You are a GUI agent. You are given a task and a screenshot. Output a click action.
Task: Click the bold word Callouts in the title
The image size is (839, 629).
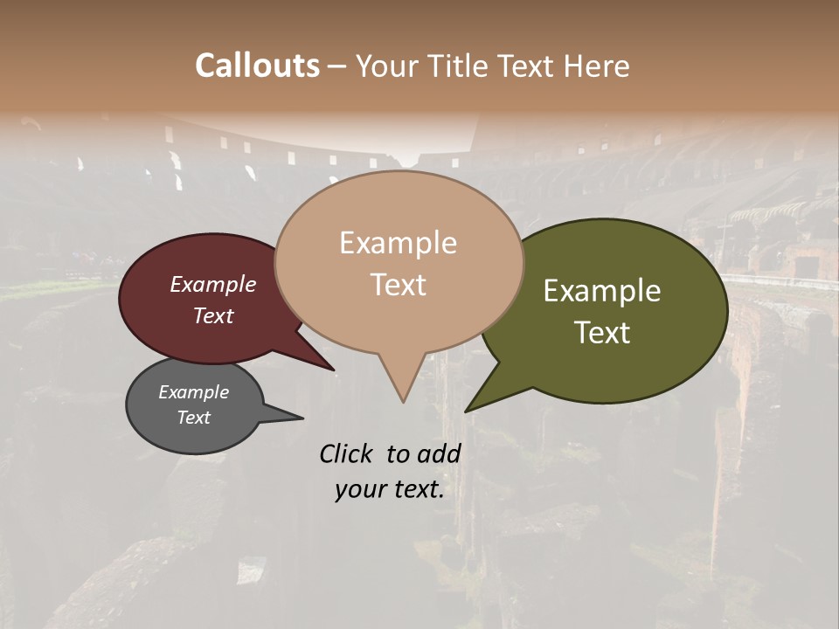point(257,66)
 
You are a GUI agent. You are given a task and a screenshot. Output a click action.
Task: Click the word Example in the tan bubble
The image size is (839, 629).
point(398,243)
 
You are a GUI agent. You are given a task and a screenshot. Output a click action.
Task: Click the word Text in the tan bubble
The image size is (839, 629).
point(398,285)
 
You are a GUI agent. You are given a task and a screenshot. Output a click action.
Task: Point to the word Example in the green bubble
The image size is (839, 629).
point(602,291)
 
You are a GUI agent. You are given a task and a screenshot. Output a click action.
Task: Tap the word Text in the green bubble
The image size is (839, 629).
point(602,333)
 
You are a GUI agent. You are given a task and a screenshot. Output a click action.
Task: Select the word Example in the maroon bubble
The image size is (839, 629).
point(213,284)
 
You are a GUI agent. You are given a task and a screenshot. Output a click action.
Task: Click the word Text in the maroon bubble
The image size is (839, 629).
point(213,315)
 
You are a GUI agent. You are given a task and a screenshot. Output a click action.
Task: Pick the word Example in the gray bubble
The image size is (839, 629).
point(193,392)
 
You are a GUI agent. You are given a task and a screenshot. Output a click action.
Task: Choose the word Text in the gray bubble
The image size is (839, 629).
point(193,418)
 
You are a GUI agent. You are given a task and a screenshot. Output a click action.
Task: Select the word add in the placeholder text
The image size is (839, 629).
point(439,453)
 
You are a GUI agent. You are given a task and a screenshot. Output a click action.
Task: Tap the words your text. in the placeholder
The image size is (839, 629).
point(390,490)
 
